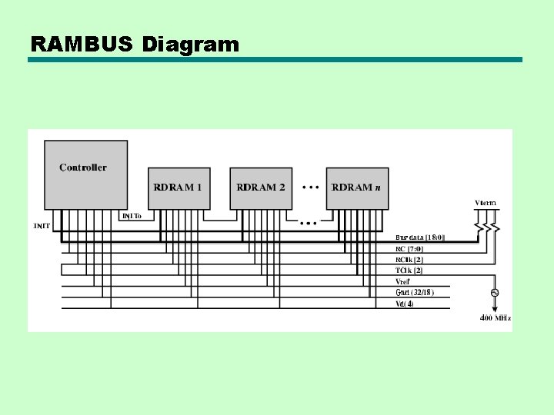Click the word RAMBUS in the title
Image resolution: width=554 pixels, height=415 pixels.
82,44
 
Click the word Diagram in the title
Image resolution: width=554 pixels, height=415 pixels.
190,45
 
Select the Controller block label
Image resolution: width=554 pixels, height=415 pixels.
83,168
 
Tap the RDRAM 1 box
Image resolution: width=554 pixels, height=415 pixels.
178,188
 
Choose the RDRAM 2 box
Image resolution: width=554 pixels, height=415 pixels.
261,188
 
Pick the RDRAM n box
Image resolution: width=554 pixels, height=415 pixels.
356,188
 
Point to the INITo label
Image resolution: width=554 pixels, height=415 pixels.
132,216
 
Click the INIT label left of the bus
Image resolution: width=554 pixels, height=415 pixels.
42,226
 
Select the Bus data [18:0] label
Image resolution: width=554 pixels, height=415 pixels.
419,237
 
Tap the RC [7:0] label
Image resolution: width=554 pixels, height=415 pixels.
409,248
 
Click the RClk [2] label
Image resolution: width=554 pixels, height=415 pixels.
409,259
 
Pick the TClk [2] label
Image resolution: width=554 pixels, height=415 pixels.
409,270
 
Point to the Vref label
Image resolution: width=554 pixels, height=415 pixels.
403,281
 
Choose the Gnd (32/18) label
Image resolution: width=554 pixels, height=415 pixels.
414,292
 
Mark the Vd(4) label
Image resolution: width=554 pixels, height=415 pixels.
405,303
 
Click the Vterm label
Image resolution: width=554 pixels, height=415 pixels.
486,203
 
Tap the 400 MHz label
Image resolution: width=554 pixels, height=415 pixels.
496,317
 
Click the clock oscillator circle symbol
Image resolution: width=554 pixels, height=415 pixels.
495,292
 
